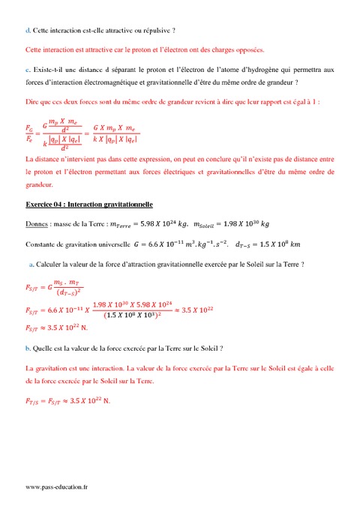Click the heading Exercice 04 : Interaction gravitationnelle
(89, 204)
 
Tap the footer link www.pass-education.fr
(56, 487)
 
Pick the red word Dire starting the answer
(31, 100)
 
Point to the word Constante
(42, 244)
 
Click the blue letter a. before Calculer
(31, 264)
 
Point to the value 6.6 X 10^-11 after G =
(172, 244)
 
